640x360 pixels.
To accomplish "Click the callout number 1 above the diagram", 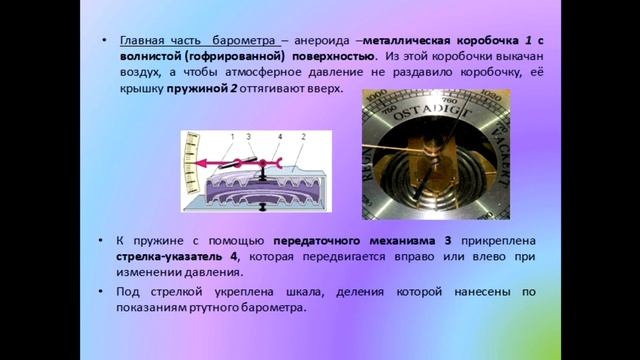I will coord(231,135).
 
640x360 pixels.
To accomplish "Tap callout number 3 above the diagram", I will coord(245,135).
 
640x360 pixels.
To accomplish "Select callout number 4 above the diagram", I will coord(279,135).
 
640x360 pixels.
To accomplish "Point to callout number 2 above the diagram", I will coord(302,135).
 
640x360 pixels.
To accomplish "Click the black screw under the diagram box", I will coord(262,207).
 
